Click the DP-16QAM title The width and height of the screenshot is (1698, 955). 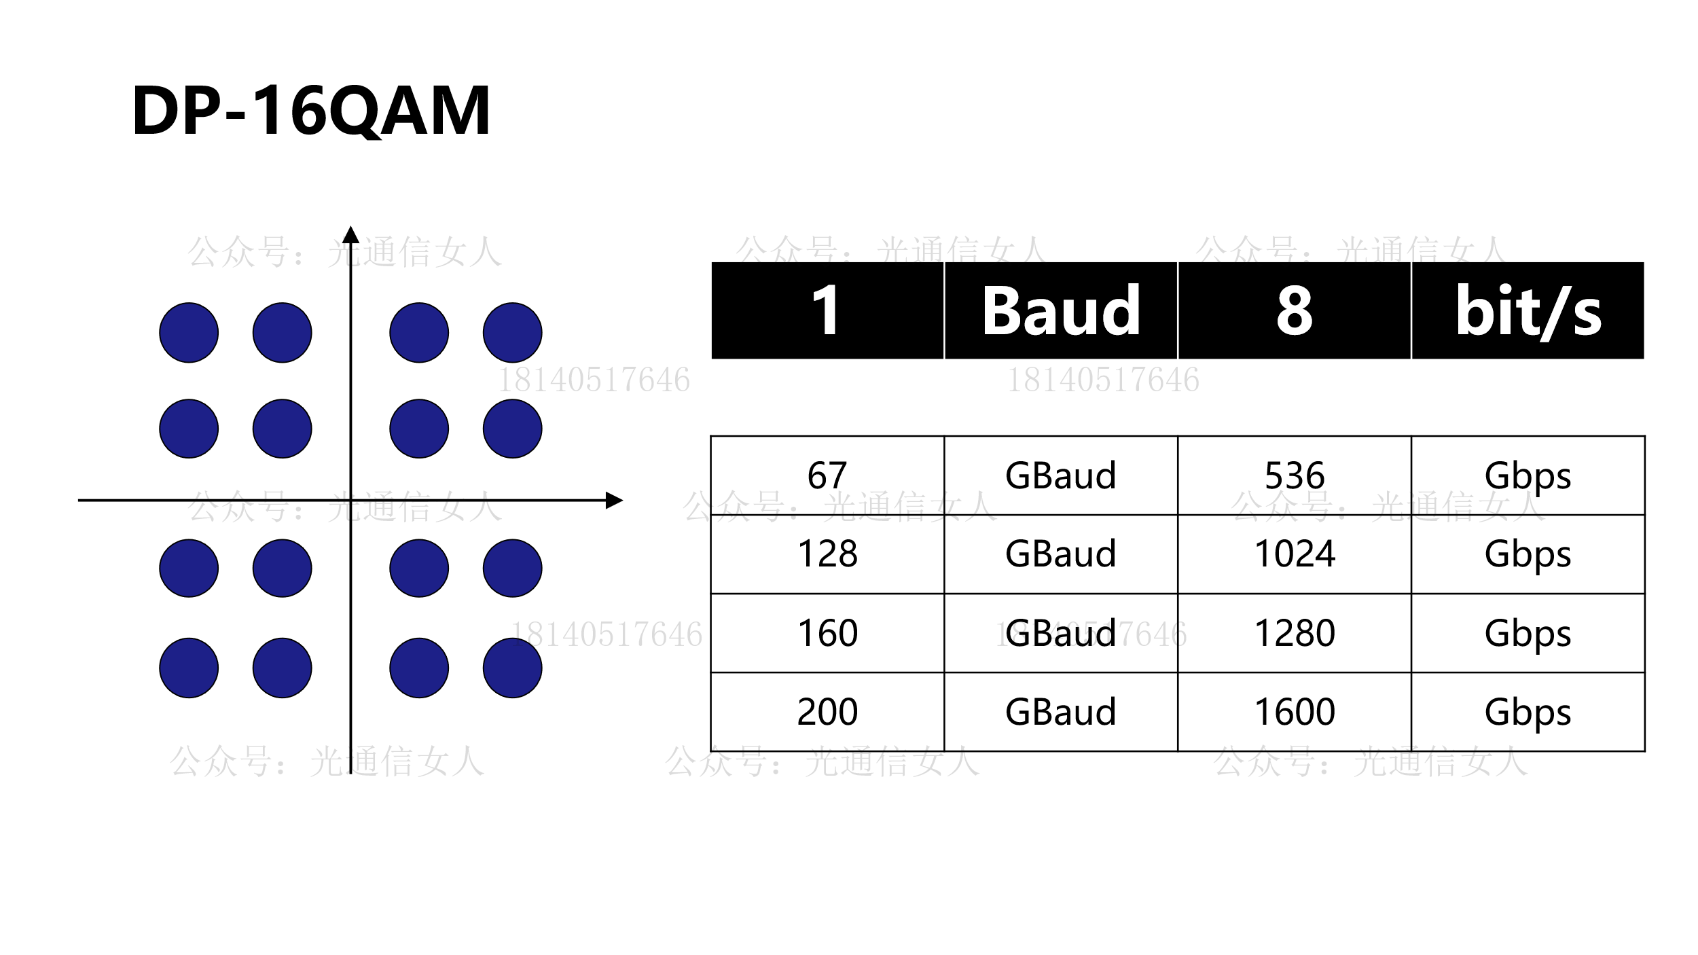pos(311,111)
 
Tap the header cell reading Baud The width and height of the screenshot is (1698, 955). pos(1060,310)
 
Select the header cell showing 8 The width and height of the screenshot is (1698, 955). pos(1295,310)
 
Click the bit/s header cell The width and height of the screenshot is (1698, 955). pos(1528,310)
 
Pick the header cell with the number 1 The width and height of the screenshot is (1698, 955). pos(827,310)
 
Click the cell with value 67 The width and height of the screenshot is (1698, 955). pos(827,475)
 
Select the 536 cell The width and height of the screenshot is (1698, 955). pos(1295,475)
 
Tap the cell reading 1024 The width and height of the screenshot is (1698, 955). pos(1295,554)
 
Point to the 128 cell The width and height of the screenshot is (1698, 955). pos(827,554)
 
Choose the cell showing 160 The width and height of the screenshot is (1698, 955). pos(827,633)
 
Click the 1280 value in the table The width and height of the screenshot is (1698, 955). pos(1295,633)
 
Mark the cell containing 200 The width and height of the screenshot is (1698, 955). pos(827,712)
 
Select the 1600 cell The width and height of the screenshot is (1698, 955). pos(1295,712)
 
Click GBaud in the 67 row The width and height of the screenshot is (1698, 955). pos(1060,475)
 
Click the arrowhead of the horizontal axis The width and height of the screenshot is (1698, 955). pos(615,501)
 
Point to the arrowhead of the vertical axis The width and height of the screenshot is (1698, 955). pos(350,234)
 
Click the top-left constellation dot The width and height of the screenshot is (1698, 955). pos(189,333)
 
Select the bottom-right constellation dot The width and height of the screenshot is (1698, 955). pos(513,668)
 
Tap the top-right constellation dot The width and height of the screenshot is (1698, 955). pos(513,333)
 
